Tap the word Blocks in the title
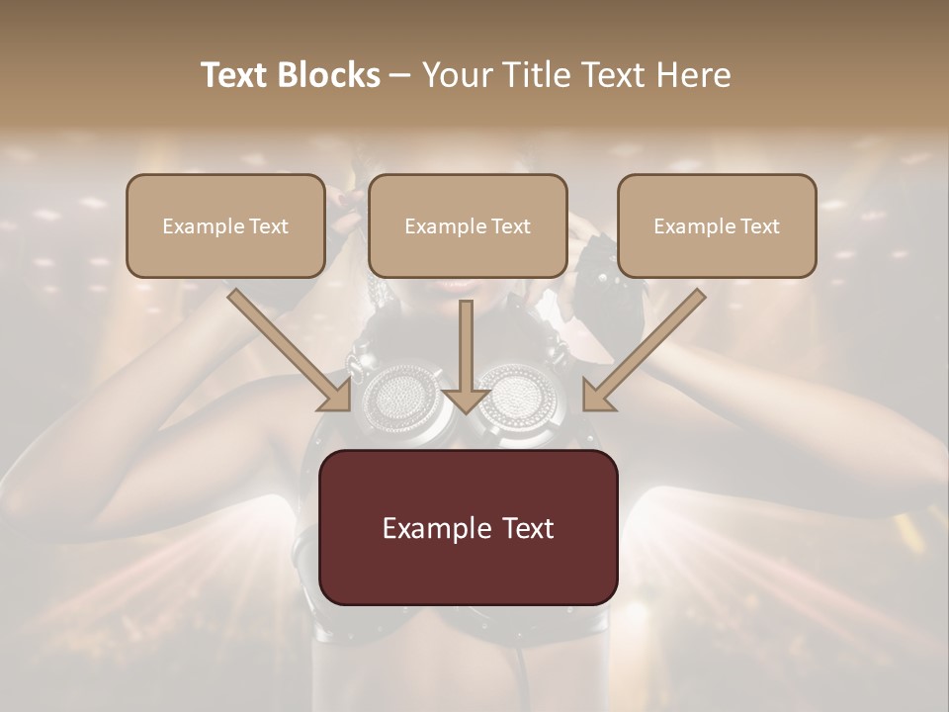[x=330, y=75]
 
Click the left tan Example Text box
[x=225, y=225]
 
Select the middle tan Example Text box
[x=468, y=225]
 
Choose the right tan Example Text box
[x=717, y=225]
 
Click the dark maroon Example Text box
[x=468, y=527]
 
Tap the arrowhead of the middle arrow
[x=466, y=400]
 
